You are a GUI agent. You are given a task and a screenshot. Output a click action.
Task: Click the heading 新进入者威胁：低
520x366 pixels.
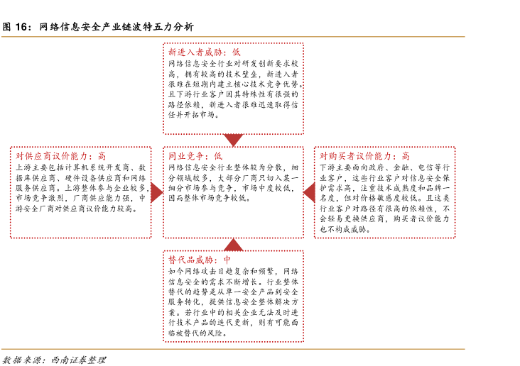(204, 52)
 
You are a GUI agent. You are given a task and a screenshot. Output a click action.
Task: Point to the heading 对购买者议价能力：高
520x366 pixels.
(364, 156)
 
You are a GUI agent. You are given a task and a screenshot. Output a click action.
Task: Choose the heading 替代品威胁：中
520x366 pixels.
(200, 260)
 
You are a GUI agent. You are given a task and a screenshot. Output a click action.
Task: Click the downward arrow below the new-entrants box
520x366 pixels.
(233, 140)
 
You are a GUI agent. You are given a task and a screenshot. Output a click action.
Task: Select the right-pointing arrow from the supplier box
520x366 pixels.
(157, 192)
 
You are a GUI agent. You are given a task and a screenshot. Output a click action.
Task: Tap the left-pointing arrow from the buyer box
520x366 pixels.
(309, 192)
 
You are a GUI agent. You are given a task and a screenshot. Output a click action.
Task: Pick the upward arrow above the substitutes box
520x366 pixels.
(233, 245)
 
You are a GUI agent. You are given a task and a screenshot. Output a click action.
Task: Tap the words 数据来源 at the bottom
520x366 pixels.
(19, 359)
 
